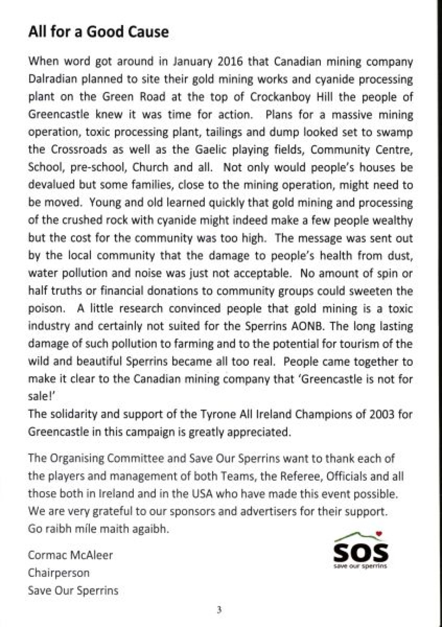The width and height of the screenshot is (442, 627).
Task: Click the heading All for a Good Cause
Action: coord(98,32)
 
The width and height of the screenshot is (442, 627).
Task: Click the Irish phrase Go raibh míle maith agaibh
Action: coord(99,529)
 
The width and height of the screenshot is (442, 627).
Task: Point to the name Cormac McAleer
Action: coord(70,555)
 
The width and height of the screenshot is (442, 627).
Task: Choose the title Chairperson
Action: coord(59,573)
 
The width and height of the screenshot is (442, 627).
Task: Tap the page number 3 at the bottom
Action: coord(220,610)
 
